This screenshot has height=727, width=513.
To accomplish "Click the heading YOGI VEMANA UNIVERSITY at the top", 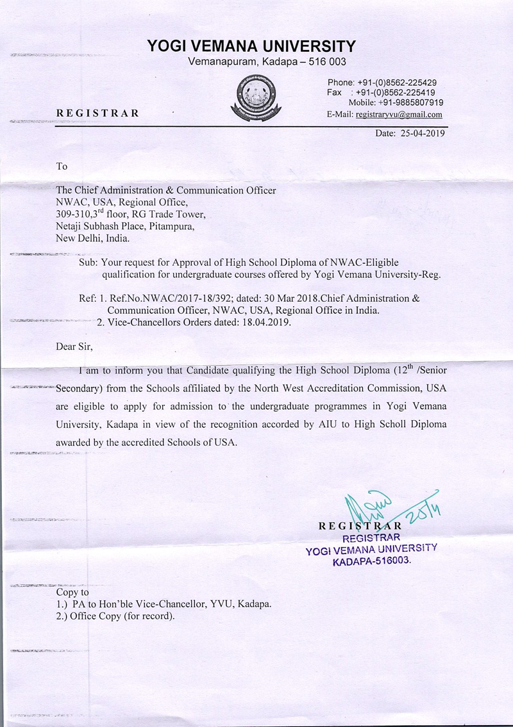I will pyautogui.click(x=251, y=46).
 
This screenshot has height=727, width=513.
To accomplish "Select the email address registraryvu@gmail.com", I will pyautogui.click(x=398, y=115).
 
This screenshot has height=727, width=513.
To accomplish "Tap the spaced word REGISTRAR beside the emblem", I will pyautogui.click(x=97, y=114).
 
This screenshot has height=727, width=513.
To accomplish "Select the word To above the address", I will pyautogui.click(x=62, y=167).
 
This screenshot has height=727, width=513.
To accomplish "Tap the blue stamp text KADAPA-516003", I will pyautogui.click(x=371, y=560).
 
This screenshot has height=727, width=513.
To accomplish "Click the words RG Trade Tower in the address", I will pyautogui.click(x=175, y=214).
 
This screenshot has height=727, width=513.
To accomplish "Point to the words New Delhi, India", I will pyautogui.click(x=92, y=238).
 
